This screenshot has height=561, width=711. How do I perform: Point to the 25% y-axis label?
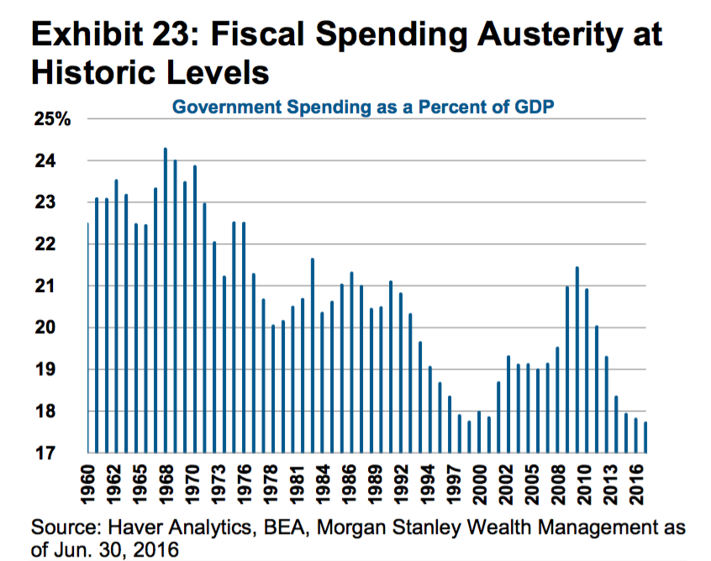pos(52,120)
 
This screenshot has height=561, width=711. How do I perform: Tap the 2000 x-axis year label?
pos(480,486)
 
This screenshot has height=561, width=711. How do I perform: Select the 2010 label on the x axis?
pos(579,486)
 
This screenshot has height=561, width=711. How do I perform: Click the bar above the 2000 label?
pos(479,432)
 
